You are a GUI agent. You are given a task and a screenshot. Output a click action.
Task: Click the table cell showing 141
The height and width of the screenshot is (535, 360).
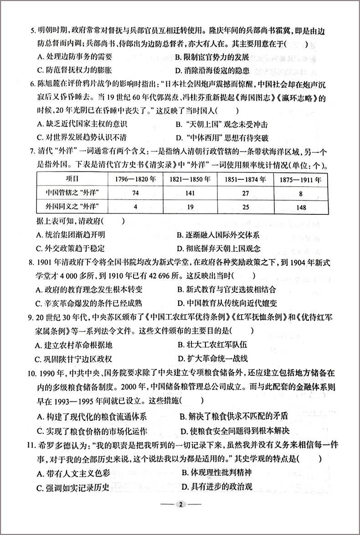coord(190,193)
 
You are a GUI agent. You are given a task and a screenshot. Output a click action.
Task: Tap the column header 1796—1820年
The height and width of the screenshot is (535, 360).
coord(134,179)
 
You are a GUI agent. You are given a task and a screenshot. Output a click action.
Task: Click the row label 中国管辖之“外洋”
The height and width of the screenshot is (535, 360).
coord(72,193)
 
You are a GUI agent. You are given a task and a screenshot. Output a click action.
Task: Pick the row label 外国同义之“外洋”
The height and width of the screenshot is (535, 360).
coord(72,208)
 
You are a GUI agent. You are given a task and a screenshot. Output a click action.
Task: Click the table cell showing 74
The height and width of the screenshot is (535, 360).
coord(134,193)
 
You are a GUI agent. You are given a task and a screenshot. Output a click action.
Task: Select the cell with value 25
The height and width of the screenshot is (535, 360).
coord(245,208)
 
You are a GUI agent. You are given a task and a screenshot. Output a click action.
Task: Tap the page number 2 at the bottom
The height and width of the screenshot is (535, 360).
coord(181,504)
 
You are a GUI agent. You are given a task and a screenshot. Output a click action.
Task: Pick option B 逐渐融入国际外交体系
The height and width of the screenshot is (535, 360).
coord(218,235)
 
